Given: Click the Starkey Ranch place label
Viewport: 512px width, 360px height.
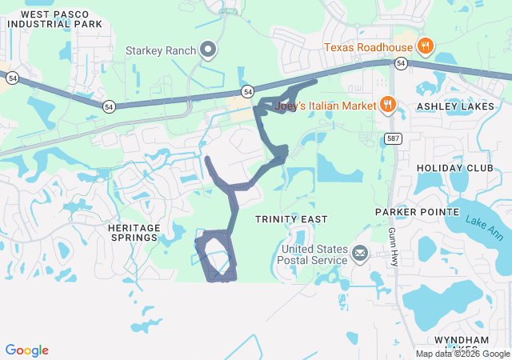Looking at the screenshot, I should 161,50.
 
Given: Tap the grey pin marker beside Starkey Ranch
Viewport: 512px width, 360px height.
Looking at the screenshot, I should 209,50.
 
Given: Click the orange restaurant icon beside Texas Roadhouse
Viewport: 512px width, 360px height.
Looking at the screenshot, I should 426,46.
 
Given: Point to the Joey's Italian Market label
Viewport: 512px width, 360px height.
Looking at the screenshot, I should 325,105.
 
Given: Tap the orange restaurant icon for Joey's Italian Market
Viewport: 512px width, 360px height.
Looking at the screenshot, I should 388,104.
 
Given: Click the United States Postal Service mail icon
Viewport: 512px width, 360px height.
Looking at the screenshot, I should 359,255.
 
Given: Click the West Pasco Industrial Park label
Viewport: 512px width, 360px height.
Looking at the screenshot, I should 55,19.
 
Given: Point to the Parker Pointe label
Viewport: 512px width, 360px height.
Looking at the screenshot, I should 418,212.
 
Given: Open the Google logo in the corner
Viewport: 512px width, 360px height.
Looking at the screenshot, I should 26,350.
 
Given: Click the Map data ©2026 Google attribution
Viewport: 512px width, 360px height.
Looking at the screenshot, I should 462,354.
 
